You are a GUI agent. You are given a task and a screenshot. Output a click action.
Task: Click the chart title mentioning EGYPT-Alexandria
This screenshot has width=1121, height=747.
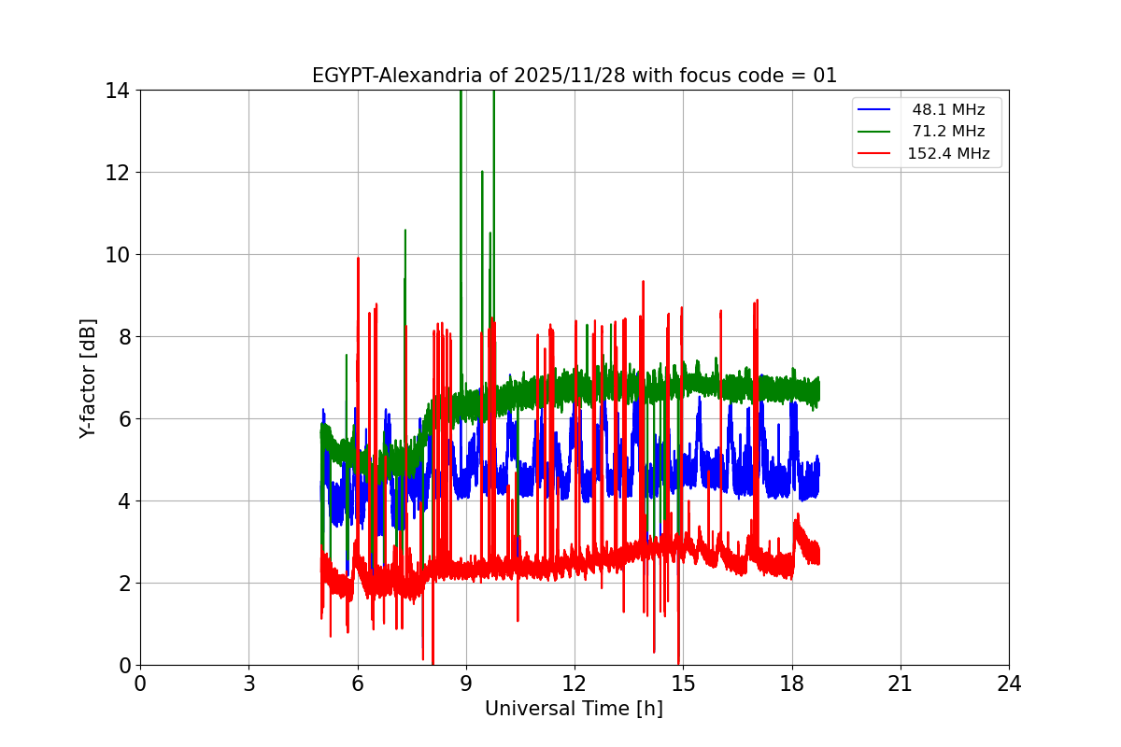click(x=575, y=76)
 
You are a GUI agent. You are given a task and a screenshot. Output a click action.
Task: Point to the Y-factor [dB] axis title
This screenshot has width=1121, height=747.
click(x=88, y=378)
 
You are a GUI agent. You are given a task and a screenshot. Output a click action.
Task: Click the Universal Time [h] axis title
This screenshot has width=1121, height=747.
click(x=574, y=709)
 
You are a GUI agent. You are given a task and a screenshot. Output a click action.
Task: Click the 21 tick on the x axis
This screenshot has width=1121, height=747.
click(x=901, y=684)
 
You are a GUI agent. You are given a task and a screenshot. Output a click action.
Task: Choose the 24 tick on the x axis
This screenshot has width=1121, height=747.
click(x=1009, y=684)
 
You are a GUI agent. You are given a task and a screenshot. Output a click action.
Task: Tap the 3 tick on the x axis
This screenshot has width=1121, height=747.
click(x=248, y=684)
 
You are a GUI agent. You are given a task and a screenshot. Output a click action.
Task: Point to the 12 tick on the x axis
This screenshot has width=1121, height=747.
click(x=575, y=684)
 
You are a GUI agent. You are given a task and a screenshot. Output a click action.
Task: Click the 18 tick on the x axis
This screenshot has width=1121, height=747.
click(x=792, y=684)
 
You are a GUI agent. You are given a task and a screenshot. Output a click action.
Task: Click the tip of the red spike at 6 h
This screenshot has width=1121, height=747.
click(x=358, y=258)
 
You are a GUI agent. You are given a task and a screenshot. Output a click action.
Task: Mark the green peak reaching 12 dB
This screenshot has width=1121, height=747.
click(x=482, y=172)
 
